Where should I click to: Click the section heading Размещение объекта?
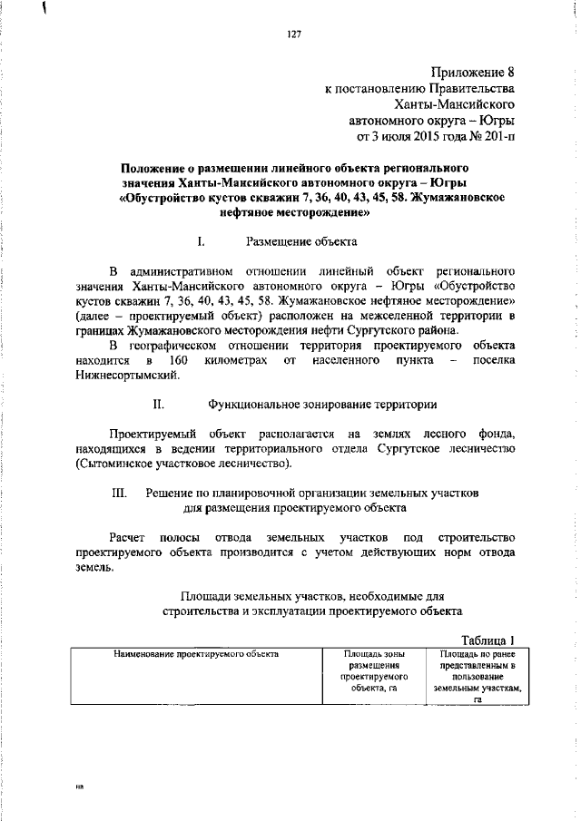coord(301,241)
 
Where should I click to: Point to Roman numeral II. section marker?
coord(158,404)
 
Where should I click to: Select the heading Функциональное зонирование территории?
coord(322,404)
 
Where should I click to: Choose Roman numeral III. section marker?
coord(118,492)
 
